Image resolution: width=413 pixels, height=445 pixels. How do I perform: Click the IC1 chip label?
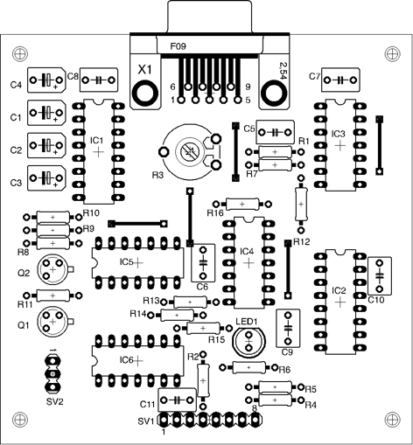pyautogui.click(x=97, y=141)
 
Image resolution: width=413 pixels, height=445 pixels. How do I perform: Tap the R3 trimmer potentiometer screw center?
pyautogui.click(x=187, y=151)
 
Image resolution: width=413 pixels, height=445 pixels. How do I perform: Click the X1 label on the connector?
pyautogui.click(x=145, y=70)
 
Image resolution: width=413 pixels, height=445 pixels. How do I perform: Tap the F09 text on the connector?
pyautogui.click(x=178, y=46)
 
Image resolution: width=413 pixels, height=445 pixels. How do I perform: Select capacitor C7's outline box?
pyautogui.click(x=340, y=80)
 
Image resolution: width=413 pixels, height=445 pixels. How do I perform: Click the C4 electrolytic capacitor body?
pyautogui.click(x=46, y=80)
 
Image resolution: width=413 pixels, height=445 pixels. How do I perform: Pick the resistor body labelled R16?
pyautogui.click(x=242, y=204)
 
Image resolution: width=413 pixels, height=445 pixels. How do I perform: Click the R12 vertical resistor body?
pyautogui.click(x=301, y=204)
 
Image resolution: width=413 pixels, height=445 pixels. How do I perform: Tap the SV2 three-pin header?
pyautogui.click(x=52, y=373)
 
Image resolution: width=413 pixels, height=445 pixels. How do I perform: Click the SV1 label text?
pyautogui.click(x=146, y=421)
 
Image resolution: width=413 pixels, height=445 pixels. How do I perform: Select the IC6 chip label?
pyautogui.click(x=126, y=360)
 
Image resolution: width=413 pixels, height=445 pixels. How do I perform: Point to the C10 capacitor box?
pyautogui.click(x=380, y=275)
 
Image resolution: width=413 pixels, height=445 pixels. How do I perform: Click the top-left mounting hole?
pyautogui.click(x=20, y=53)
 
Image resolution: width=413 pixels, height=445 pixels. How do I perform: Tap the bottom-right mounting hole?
pyautogui.click(x=393, y=420)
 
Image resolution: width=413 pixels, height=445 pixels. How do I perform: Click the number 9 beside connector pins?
pyautogui.click(x=248, y=87)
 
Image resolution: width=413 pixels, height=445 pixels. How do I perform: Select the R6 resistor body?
pyautogui.click(x=248, y=367)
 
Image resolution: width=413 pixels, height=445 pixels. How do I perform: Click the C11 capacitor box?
pyautogui.click(x=177, y=400)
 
